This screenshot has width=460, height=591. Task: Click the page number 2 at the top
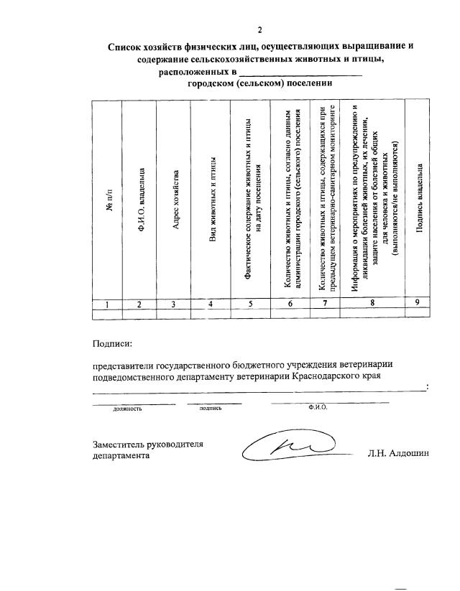pos(260,29)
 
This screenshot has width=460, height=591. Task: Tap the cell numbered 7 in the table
pos(326,304)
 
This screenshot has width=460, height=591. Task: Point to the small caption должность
pos(127,408)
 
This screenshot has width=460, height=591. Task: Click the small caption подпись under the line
pos(210,407)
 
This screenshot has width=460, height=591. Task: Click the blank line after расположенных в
pos(300,73)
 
